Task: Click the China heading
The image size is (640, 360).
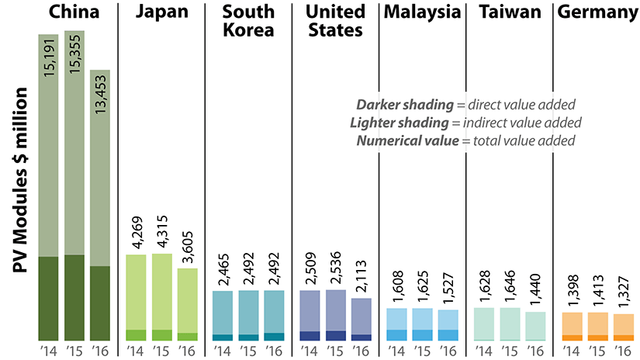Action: [x=74, y=12]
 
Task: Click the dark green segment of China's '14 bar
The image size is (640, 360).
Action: [x=48, y=298]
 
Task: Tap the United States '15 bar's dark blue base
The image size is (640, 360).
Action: [x=335, y=335]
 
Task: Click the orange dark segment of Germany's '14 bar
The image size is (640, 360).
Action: [x=571, y=337]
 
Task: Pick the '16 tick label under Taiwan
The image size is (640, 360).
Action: [x=536, y=351]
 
